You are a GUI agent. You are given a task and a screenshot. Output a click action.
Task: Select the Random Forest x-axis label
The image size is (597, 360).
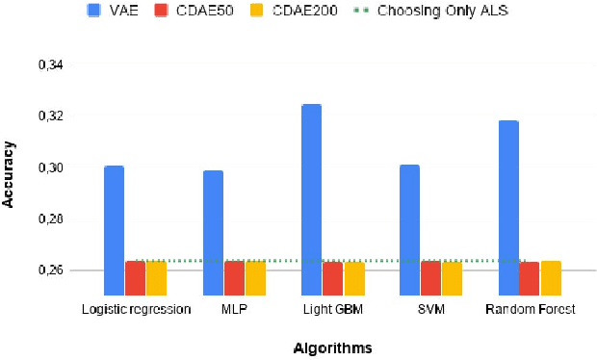pyautogui.click(x=530, y=309)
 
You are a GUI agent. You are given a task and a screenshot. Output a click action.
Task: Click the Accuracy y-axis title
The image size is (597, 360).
pyautogui.click(x=10, y=174)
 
